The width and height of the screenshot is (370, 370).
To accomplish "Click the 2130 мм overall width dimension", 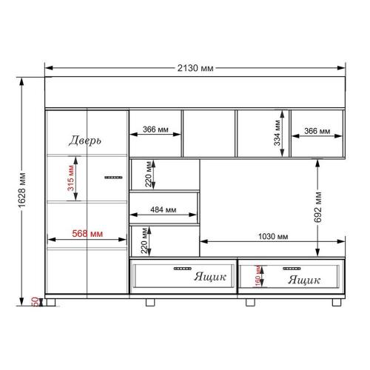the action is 195,68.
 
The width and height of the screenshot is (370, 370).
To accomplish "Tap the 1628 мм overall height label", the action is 22,190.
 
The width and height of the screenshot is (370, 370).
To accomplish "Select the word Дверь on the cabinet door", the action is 85,141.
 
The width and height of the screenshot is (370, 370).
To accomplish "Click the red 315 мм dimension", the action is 71,178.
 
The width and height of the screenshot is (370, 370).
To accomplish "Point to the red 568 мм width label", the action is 87,233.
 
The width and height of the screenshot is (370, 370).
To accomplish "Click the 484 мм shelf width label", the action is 164,209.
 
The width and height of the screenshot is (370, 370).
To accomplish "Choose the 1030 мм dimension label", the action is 273,237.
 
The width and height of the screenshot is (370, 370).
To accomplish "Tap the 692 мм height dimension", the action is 318,206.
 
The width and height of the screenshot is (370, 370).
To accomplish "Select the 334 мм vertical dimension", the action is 277,132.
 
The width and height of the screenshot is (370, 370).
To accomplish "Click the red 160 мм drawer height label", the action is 258,276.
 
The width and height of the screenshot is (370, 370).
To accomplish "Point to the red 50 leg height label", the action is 35,302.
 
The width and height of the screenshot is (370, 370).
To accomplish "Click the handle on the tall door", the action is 113,178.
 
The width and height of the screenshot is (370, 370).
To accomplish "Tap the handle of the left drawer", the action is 183,269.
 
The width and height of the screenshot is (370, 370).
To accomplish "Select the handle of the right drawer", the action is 292,269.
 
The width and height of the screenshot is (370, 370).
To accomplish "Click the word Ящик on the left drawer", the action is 210,277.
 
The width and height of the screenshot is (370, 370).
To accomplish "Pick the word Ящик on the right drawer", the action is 304,280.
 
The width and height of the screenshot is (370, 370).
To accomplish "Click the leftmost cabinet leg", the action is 51,303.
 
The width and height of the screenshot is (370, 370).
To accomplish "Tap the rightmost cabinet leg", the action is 337,303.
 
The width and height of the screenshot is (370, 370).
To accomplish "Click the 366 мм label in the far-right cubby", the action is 317,131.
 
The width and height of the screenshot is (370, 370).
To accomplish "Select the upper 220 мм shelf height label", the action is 148,174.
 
